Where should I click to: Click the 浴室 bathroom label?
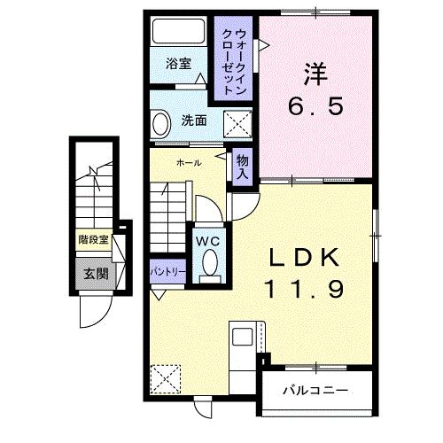click(x=179, y=64)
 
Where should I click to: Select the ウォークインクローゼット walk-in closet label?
click(x=234, y=57)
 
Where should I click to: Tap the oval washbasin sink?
click(x=161, y=121)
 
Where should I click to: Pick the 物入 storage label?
click(x=241, y=166)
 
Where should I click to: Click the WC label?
click(x=208, y=240)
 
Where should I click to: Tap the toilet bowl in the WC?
click(x=209, y=263)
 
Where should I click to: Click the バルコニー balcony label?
click(x=315, y=389)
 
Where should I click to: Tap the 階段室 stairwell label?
click(x=92, y=239)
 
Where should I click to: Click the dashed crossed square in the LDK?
click(x=165, y=379)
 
